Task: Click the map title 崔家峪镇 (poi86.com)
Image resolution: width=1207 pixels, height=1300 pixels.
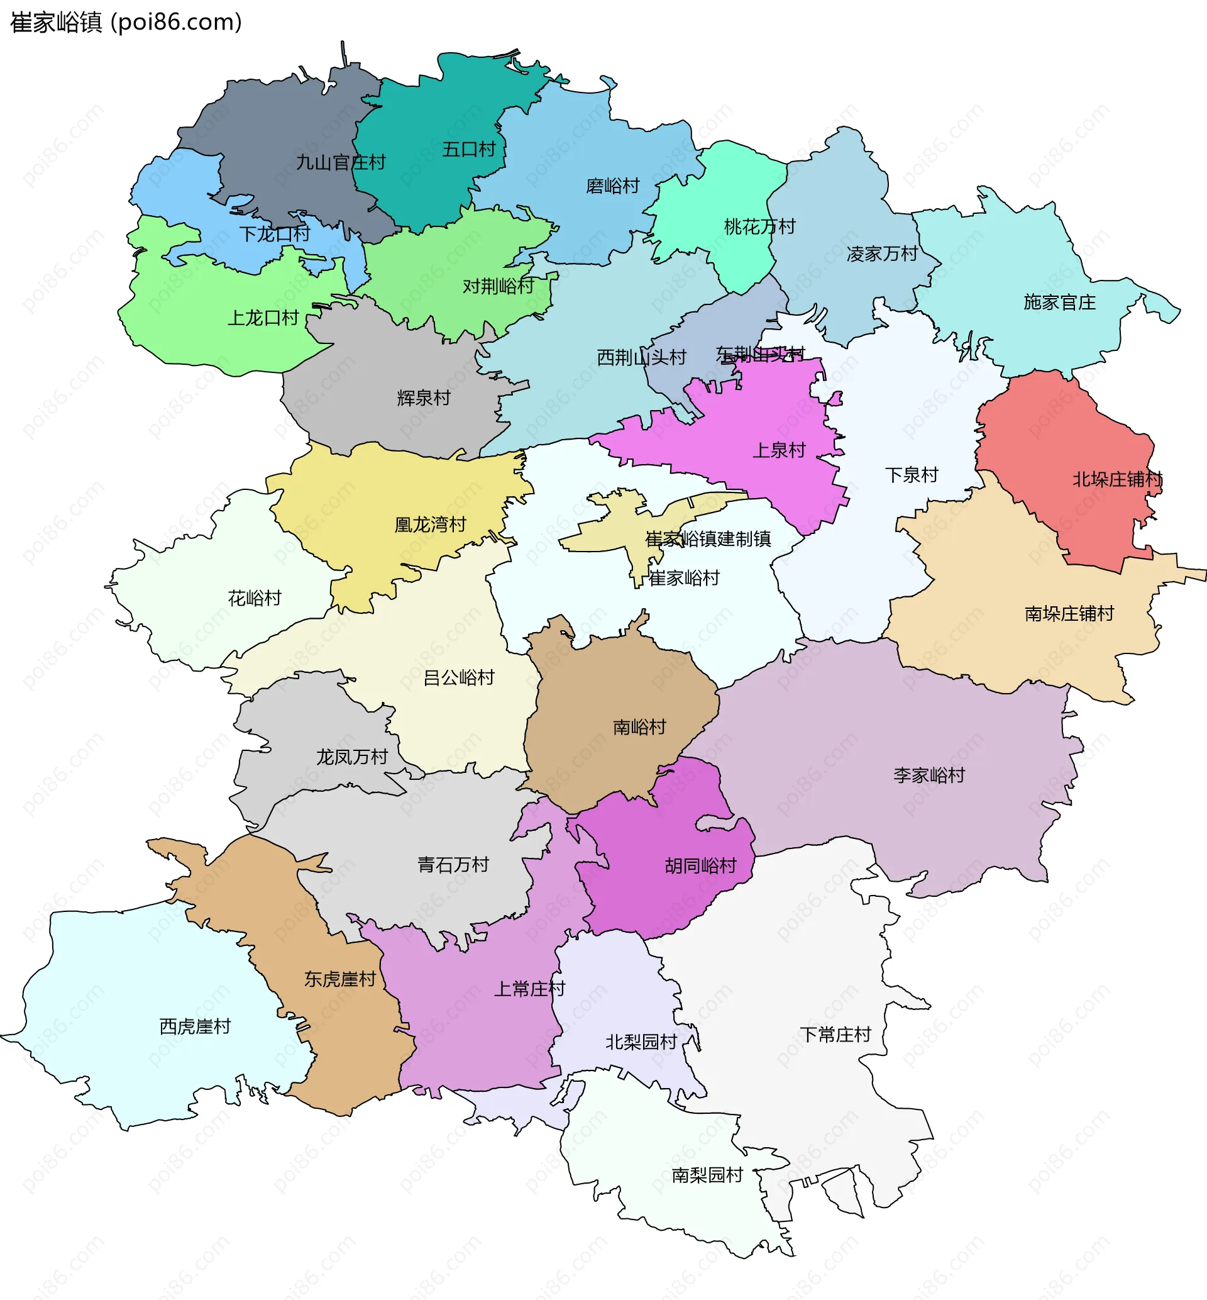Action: [126, 22]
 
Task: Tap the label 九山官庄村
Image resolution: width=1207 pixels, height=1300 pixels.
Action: [340, 162]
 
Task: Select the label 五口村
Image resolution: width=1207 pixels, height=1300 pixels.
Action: [468, 149]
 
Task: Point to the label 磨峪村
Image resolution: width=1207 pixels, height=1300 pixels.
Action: [612, 186]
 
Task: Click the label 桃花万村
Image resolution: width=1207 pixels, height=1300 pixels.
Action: [759, 226]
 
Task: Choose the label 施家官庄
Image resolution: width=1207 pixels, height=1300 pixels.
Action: [1059, 303]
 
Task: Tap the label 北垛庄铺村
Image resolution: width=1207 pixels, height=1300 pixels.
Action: [1117, 479]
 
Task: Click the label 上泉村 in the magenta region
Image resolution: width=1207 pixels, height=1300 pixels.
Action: [778, 450]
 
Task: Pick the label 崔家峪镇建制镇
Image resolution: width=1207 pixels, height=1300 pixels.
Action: [707, 539]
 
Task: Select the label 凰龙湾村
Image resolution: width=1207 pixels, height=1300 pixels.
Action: [430, 525]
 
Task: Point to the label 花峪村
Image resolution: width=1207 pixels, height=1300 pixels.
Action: [254, 597]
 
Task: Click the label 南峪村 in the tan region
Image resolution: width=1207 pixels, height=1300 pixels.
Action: [639, 727]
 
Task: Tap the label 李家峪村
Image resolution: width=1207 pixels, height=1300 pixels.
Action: [928, 775]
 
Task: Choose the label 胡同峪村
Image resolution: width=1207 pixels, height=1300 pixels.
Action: [700, 865]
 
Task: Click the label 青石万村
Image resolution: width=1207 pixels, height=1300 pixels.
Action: [453, 865]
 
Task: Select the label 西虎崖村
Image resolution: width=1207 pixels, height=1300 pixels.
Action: [195, 1026]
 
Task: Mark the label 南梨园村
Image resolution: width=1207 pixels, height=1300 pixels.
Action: [707, 1175]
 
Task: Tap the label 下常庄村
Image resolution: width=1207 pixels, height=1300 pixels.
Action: [835, 1034]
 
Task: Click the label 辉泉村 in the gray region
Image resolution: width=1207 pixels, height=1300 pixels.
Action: [423, 398]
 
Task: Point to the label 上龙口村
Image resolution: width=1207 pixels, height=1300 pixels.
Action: [263, 318]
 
